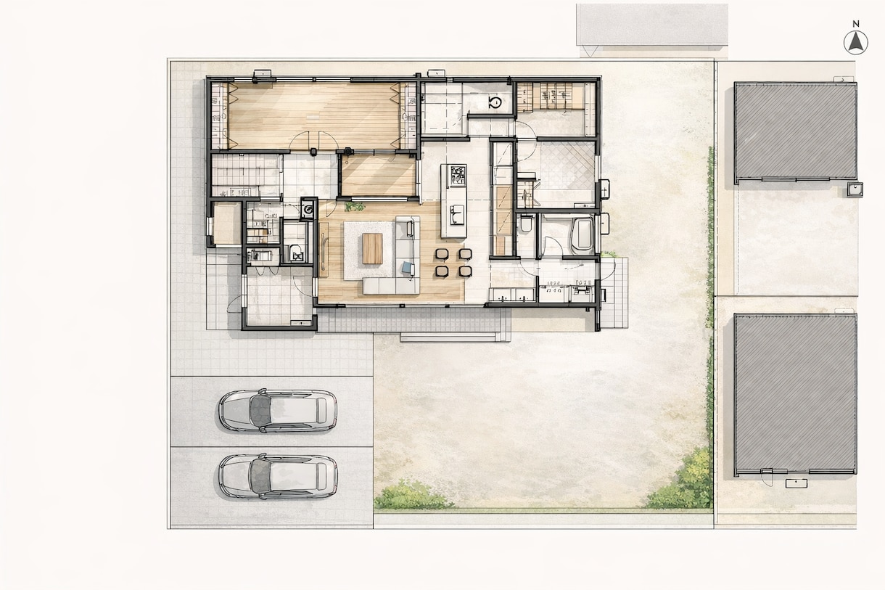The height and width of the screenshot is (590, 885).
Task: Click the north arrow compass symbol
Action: tap(856, 43)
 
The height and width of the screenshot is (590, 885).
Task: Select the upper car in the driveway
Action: tap(278, 410)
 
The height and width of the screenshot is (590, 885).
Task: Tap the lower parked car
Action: tap(278, 476)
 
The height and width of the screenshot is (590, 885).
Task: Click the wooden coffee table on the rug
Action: tap(373, 248)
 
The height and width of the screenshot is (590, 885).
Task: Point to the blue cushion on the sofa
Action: tap(408, 268)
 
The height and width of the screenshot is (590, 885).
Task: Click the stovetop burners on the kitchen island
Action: tap(458, 175)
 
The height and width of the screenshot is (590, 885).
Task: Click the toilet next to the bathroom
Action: tap(525, 224)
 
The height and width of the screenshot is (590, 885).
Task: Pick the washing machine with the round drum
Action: tap(308, 208)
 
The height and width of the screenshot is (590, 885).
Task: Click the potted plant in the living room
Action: tap(355, 206)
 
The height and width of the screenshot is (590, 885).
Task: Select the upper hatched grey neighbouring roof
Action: tap(795, 131)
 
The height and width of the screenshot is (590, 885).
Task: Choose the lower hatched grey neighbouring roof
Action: tap(795, 394)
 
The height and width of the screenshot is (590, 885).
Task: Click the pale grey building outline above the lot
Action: tap(652, 25)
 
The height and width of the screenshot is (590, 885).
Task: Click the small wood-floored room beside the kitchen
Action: tap(379, 175)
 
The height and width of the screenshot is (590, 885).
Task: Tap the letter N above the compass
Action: tap(856, 24)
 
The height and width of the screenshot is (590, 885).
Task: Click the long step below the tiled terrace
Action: tap(448, 337)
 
